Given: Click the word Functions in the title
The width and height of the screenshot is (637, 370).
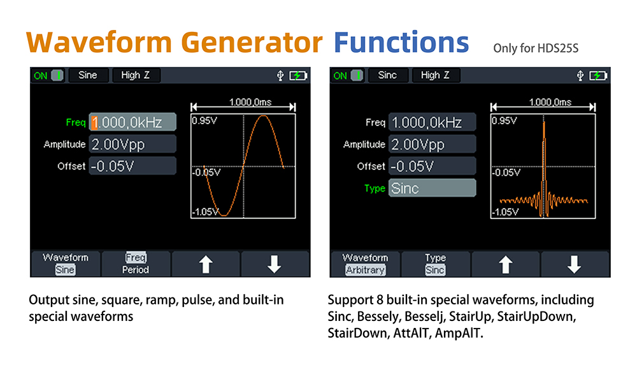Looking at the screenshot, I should pyautogui.click(x=401, y=42).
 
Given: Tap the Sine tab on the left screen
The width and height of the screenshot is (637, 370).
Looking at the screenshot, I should pyautogui.click(x=88, y=75).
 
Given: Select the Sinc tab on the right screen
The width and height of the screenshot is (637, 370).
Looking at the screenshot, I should pyautogui.click(x=387, y=75).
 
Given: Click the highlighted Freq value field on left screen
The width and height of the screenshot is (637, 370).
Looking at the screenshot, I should pyautogui.click(x=132, y=122).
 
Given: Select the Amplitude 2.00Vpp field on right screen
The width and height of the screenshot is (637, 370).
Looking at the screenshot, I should pyautogui.click(x=432, y=145).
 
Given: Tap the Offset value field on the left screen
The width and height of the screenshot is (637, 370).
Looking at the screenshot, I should pyautogui.click(x=132, y=166).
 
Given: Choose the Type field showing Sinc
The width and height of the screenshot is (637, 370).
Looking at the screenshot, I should pyautogui.click(x=432, y=188).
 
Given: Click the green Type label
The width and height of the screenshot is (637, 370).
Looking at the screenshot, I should pyautogui.click(x=375, y=189).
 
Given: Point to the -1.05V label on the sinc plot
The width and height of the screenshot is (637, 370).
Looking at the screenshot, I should pyautogui.click(x=505, y=212).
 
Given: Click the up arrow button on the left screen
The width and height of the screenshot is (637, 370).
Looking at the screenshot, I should pyautogui.click(x=206, y=264).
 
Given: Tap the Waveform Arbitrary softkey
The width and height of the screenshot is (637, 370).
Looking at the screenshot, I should pyautogui.click(x=365, y=264).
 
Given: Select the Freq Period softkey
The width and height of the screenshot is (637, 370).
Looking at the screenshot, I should pyautogui.click(x=136, y=264).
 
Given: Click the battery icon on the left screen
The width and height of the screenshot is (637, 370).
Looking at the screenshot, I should pyautogui.click(x=298, y=76).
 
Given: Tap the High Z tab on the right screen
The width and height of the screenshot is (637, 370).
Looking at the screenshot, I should pyautogui.click(x=435, y=75).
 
